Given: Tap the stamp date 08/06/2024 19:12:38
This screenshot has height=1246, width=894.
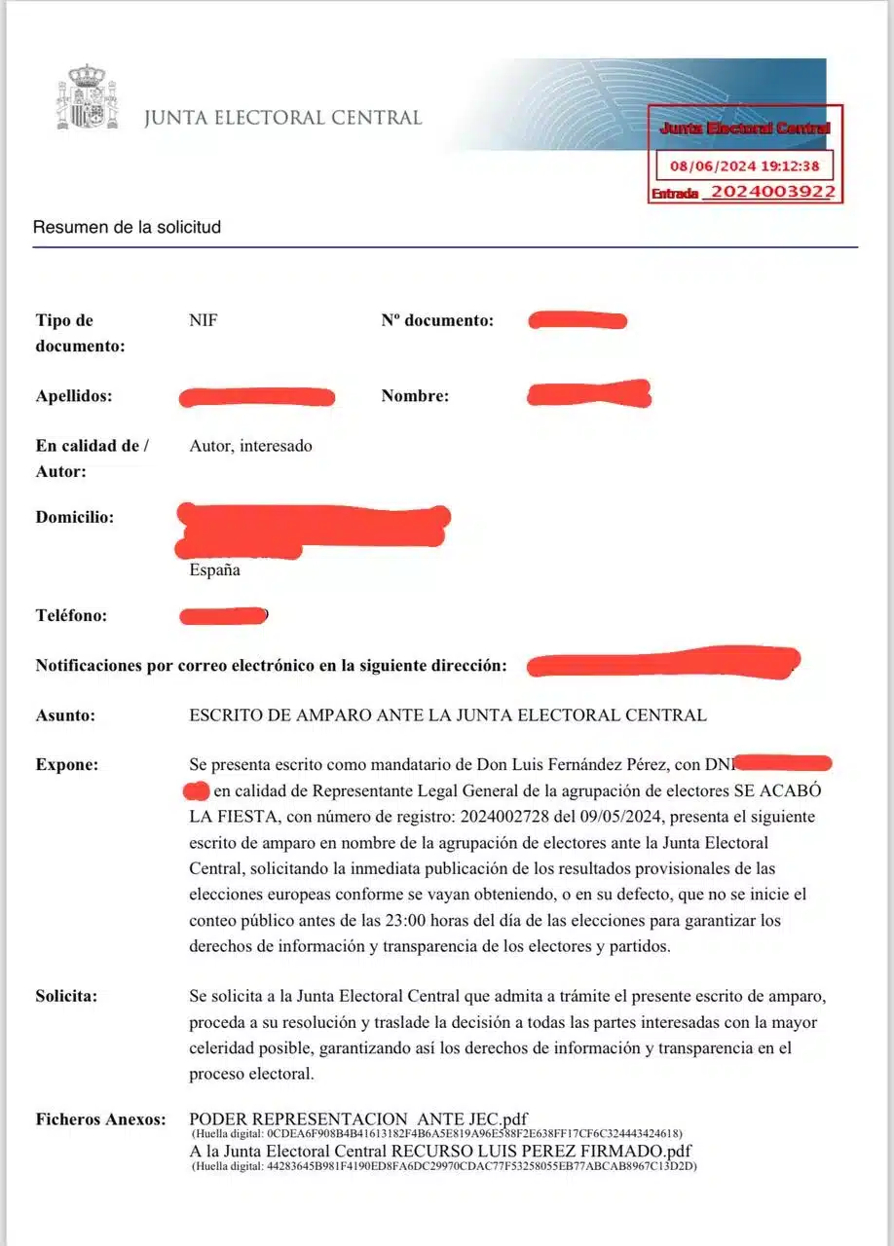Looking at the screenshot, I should point(744,166).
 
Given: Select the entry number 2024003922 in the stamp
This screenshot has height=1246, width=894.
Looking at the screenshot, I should point(771,192).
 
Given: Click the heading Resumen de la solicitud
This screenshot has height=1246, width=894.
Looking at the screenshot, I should point(127,227).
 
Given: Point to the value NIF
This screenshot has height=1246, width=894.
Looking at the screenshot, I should point(203,320).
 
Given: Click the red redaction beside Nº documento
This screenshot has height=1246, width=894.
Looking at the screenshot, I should point(577,320).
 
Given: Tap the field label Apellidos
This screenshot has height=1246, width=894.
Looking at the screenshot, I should point(73,396).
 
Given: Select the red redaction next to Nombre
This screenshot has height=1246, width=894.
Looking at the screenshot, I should point(588,394).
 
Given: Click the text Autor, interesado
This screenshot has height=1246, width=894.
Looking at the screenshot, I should point(251,446).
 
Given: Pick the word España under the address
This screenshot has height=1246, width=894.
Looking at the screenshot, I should point(214,570).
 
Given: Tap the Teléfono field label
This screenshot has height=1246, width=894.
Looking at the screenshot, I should point(71,615).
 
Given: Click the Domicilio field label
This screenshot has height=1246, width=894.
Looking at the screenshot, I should point(74,517).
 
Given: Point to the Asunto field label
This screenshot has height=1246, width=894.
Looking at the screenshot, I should point(65,715).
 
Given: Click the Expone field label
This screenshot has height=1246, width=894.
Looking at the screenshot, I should point(67,764).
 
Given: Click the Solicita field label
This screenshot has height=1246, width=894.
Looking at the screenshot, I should point(67,996).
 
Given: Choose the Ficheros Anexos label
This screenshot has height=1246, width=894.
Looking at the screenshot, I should point(100,1119).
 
